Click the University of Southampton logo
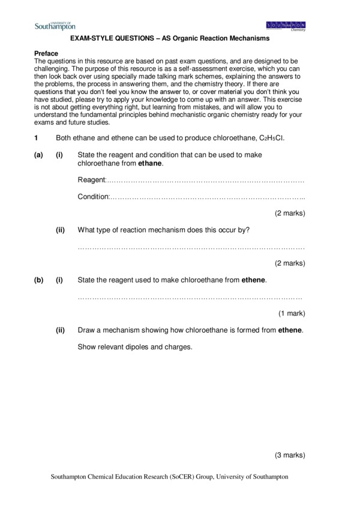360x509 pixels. pos(55,25)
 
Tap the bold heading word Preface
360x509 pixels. pos(46,53)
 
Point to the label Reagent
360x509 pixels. pos(91,180)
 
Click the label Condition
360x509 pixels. pos(94,197)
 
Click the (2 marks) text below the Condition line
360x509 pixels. pos(290,213)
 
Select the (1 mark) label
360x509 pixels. pos(292,313)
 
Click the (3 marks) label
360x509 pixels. pos(290,456)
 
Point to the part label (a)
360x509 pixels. pos(39,155)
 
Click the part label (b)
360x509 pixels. pos(39,280)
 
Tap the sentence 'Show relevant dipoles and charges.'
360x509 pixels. pos(135,347)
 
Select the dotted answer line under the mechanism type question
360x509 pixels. pos(191,247)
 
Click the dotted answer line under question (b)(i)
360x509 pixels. pos(190,297)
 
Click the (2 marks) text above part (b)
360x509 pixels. pos(290,263)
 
